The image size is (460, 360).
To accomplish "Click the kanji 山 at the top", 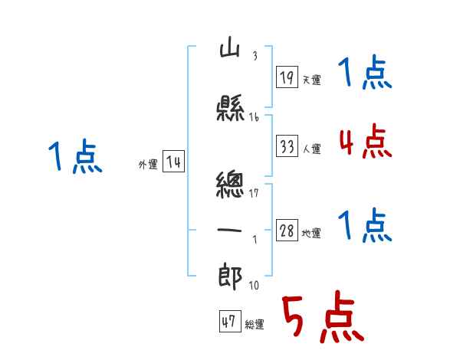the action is pos(230,50).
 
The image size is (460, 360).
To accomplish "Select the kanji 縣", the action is pos(230,107).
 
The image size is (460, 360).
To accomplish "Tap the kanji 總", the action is pos(230,184).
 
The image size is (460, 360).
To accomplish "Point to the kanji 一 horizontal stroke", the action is pos(229,230).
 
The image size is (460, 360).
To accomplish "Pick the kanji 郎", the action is pos(230,277).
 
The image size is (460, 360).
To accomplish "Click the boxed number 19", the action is pos(287,77).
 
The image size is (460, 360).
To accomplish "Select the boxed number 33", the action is pos(287,146).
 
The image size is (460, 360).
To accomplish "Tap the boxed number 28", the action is pos(287,230).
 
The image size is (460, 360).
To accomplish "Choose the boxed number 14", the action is pos(173,162).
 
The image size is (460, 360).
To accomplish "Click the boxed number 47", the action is pos(230,321).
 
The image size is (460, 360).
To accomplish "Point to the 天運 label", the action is pos(312,80).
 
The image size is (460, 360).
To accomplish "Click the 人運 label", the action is pos(312,149).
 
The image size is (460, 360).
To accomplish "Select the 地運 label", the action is pos(311,233).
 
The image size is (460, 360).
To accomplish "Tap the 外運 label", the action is pos(148,165).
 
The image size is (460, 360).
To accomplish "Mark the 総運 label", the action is pos(255,325).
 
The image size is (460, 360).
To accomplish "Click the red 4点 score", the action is pos(366,141).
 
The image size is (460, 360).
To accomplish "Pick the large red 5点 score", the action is pos(324,316).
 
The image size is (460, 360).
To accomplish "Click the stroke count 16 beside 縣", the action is pos(254,117).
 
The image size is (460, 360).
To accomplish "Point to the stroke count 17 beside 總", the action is pos(254,193).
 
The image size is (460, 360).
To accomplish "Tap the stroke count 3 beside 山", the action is pos(255,56).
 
